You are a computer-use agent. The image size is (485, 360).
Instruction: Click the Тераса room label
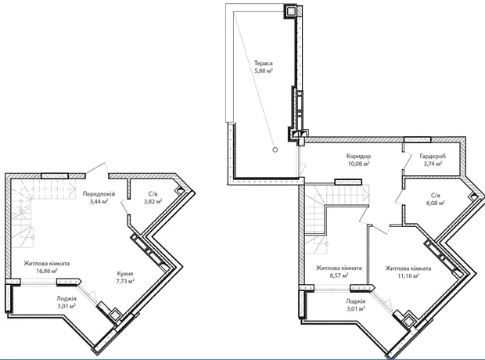264,63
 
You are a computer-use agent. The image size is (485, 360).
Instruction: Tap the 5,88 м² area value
264,70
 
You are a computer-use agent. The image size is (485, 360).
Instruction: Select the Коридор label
358,156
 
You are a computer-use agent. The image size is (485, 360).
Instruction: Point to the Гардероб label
433,156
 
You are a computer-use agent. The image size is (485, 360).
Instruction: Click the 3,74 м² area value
433,164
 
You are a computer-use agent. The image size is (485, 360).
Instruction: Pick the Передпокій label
99,194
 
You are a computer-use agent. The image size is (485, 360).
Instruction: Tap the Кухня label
125,274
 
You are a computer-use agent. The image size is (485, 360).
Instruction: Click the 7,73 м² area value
125,282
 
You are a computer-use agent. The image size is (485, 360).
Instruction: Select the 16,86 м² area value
47,271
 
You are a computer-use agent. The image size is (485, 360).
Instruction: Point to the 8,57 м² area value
339,275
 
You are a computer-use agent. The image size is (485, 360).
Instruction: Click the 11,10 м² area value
408,275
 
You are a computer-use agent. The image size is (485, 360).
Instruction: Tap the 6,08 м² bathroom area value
436,203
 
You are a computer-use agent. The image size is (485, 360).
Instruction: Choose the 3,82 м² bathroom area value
153,202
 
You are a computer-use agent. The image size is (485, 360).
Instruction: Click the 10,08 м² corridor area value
359,164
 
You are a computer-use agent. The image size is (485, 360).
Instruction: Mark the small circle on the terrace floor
275,149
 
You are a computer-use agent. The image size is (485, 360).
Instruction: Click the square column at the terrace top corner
290,11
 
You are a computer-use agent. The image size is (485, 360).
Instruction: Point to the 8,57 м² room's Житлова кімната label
339,268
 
